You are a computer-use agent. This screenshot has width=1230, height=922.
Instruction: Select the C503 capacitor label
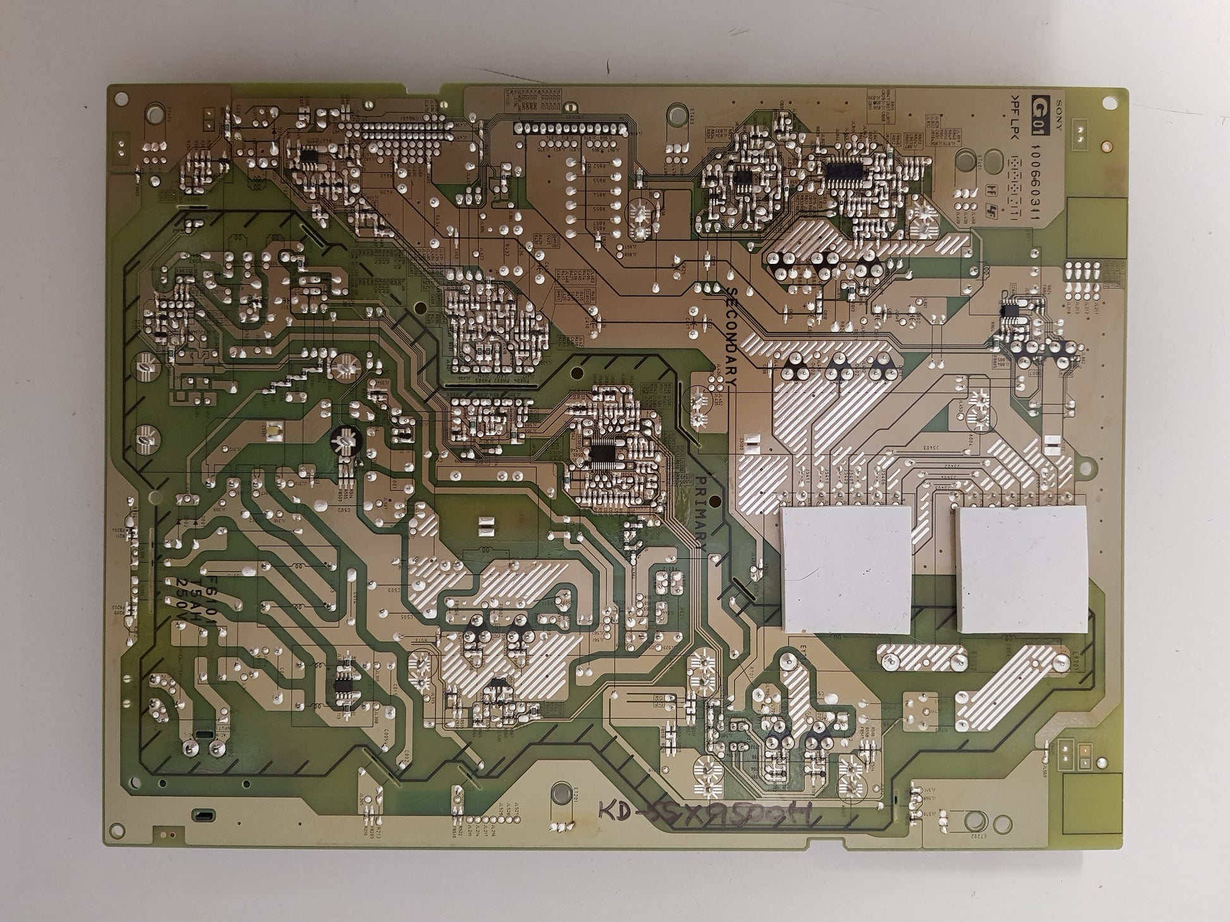click(395, 590)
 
